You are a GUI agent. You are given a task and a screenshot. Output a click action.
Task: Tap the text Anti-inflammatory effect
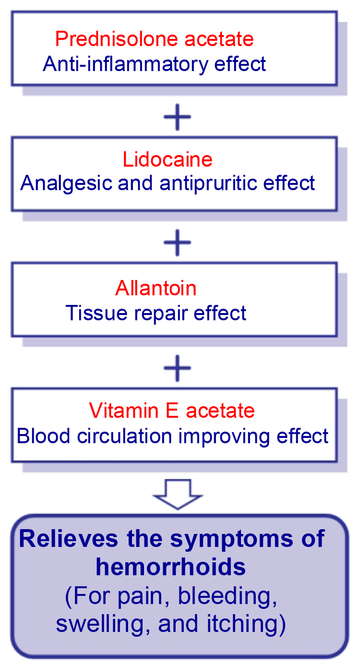pos(154,64)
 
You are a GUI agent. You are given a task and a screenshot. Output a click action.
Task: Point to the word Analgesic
pos(66,183)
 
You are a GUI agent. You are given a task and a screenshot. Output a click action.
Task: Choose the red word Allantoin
pos(156,288)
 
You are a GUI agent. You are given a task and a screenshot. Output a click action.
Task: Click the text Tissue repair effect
pos(156,313)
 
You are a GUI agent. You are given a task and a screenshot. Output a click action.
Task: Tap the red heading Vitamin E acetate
pos(172,411)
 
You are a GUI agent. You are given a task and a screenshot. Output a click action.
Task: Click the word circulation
pos(124,436)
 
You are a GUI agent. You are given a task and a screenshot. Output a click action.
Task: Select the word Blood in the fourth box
pos(43,436)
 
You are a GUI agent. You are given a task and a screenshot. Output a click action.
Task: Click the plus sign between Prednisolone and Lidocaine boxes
pos(177,117)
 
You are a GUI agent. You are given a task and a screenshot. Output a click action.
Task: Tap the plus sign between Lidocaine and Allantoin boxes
pos(177,242)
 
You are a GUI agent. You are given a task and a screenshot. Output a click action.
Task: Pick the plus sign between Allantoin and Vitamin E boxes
pos(177,368)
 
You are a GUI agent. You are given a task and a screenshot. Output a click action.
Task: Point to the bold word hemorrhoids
pos(170,567)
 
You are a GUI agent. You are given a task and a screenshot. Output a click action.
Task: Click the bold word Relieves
pos(69,538)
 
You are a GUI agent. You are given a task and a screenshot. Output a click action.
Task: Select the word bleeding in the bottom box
pos(228,596)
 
